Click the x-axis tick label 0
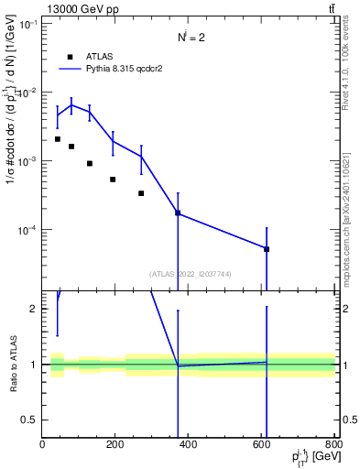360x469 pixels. coord(43,446)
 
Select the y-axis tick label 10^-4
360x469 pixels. coord(25,230)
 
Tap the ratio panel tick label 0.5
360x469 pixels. coord(27,420)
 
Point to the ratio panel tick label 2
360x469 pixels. coord(32,310)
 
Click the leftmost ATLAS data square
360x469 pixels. coord(58,139)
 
